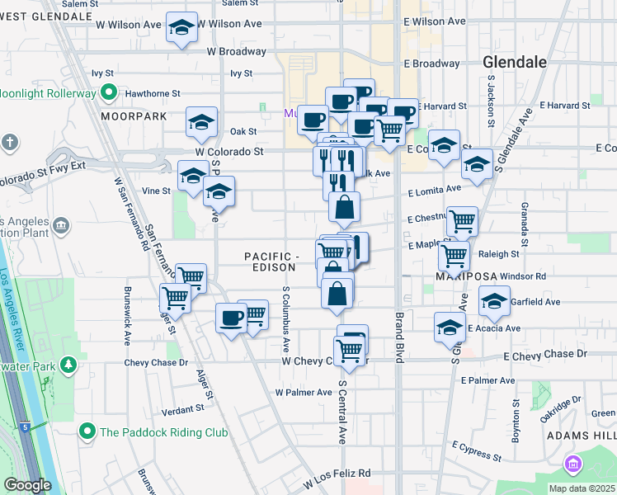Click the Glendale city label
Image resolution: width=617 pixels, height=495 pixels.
(514, 62)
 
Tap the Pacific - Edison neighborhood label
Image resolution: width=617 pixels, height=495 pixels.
(271, 262)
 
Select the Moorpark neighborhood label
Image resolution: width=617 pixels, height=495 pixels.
(128, 116)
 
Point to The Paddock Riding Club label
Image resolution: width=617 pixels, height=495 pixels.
(151, 431)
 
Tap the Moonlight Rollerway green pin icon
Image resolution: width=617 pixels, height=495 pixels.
(108, 94)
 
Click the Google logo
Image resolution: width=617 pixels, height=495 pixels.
(27, 485)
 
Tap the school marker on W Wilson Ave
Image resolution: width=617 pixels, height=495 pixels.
(181, 28)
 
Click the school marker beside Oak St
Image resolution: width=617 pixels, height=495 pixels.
(201, 123)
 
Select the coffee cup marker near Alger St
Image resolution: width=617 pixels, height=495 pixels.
(232, 317)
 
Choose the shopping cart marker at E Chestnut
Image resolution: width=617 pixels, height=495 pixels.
(462, 220)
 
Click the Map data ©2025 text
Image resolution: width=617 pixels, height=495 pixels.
(582, 488)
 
